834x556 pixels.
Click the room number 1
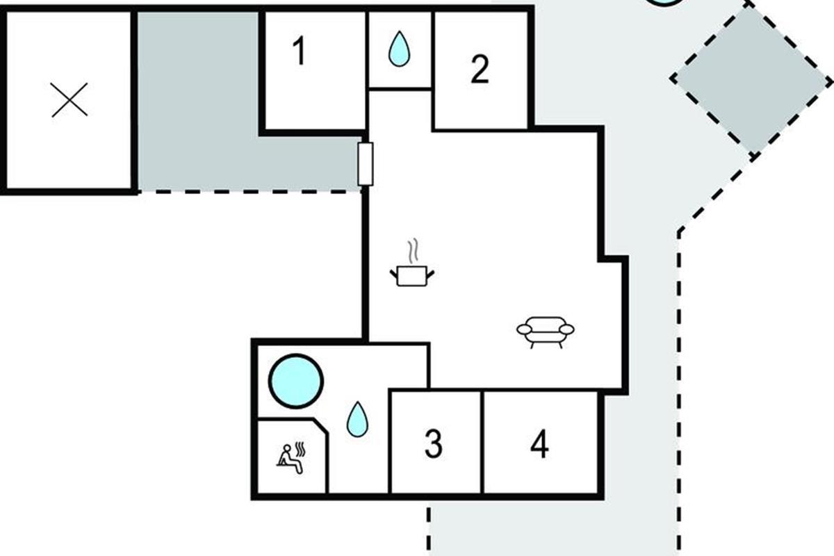click(300, 51)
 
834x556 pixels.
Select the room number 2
click(480, 69)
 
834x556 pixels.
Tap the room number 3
click(434, 443)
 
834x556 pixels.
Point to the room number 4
click(539, 443)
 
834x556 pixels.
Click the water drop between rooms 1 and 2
click(399, 49)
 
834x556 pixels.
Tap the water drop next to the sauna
click(357, 419)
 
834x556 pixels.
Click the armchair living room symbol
click(545, 332)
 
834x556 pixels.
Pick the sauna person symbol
click(291, 458)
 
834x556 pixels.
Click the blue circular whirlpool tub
click(296, 381)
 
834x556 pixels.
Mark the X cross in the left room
click(69, 100)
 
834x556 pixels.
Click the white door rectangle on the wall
click(366, 164)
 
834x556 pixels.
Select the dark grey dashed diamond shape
click(751, 79)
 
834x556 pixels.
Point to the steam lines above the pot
click(414, 250)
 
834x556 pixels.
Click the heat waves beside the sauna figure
click(300, 449)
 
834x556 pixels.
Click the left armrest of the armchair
click(524, 329)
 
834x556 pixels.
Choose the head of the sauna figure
click(287, 448)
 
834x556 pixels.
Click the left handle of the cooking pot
click(394, 275)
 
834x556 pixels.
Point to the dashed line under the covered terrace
click(250, 192)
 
